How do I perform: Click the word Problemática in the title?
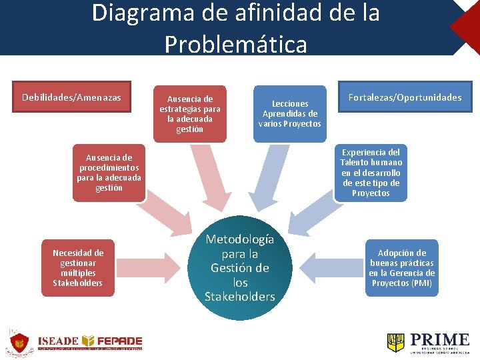(235, 44)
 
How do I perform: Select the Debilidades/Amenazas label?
(71, 97)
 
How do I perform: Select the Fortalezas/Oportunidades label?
(404, 97)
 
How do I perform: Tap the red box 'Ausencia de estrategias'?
(190, 114)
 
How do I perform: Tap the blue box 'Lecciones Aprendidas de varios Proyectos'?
(289, 113)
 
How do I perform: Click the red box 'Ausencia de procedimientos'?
(109, 173)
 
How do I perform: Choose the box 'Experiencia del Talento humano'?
(371, 173)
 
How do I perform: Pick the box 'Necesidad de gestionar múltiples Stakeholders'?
(78, 268)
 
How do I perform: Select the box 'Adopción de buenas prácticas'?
(401, 268)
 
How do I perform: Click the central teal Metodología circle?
(240, 268)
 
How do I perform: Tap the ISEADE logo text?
(59, 340)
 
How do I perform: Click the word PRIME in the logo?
(439, 339)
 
